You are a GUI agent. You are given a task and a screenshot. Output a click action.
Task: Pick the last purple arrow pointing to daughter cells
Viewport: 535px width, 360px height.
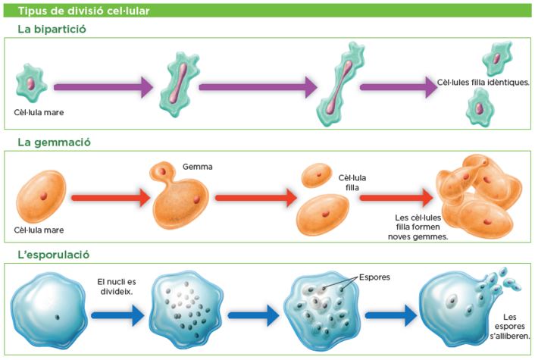coord(397,86)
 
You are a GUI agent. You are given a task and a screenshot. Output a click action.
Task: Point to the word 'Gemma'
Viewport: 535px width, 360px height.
coord(197,166)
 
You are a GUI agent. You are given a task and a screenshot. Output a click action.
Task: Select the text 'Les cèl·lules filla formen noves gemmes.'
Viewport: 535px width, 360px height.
coord(417,227)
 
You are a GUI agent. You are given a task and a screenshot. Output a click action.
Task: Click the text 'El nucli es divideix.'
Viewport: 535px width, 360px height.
coord(116,286)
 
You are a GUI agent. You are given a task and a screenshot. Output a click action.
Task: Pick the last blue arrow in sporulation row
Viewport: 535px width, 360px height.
coord(390,314)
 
